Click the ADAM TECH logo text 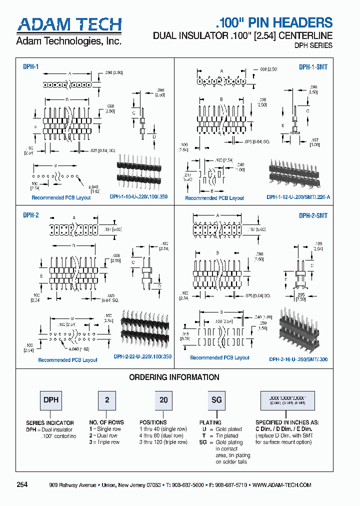click(69, 24)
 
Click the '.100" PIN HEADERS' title click(273, 22)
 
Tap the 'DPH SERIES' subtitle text click(312, 45)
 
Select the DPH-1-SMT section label click(313, 66)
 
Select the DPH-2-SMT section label click(313, 215)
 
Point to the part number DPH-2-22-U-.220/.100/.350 click(142, 357)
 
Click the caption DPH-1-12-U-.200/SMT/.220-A click(298, 197)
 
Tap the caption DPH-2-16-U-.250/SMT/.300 click(298, 359)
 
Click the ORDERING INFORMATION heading click(174, 377)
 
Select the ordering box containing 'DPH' click(51, 400)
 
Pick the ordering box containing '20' click(163, 400)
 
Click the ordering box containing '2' click(106, 400)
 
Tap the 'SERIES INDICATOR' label click(50, 422)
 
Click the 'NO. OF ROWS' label click(106, 422)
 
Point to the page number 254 click(22, 484)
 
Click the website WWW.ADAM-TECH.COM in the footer click(282, 485)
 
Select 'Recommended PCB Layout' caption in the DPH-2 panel click(68, 360)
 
